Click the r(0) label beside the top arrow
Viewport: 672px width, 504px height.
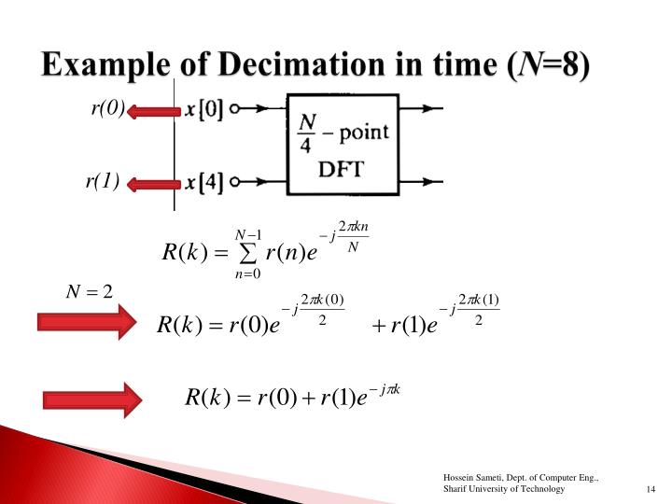[x=106, y=109]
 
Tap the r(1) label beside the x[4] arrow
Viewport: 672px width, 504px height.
[x=102, y=181]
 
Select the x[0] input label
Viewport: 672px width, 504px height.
[x=203, y=109]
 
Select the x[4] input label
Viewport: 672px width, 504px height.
[x=203, y=182]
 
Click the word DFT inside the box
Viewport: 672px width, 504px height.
[x=343, y=171]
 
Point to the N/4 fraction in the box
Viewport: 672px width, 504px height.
[x=306, y=133]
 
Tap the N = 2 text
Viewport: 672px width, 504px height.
[x=88, y=292]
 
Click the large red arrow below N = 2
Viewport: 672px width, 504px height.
[x=86, y=323]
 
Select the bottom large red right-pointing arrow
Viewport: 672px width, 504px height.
[x=91, y=399]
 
